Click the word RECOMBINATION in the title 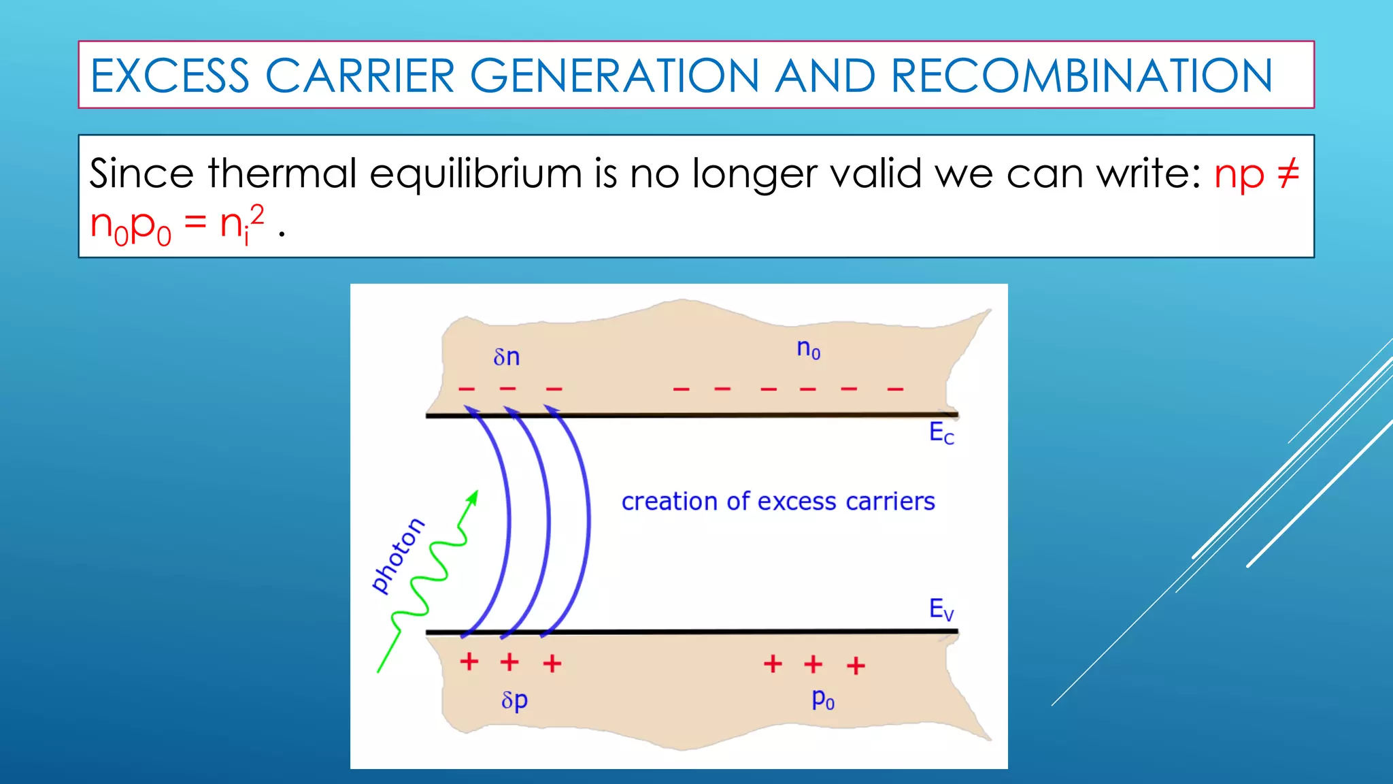(x=1081, y=76)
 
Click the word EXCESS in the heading (x=170, y=76)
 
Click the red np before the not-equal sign (x=1239, y=174)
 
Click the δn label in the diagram (x=507, y=357)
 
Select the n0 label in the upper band (x=809, y=349)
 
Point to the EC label (x=941, y=433)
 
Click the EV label (x=941, y=608)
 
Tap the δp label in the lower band (x=514, y=700)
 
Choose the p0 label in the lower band (x=823, y=699)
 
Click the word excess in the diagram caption (x=796, y=502)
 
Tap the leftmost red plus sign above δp (x=469, y=661)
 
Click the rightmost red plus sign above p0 (x=856, y=665)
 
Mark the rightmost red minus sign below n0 (x=895, y=389)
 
